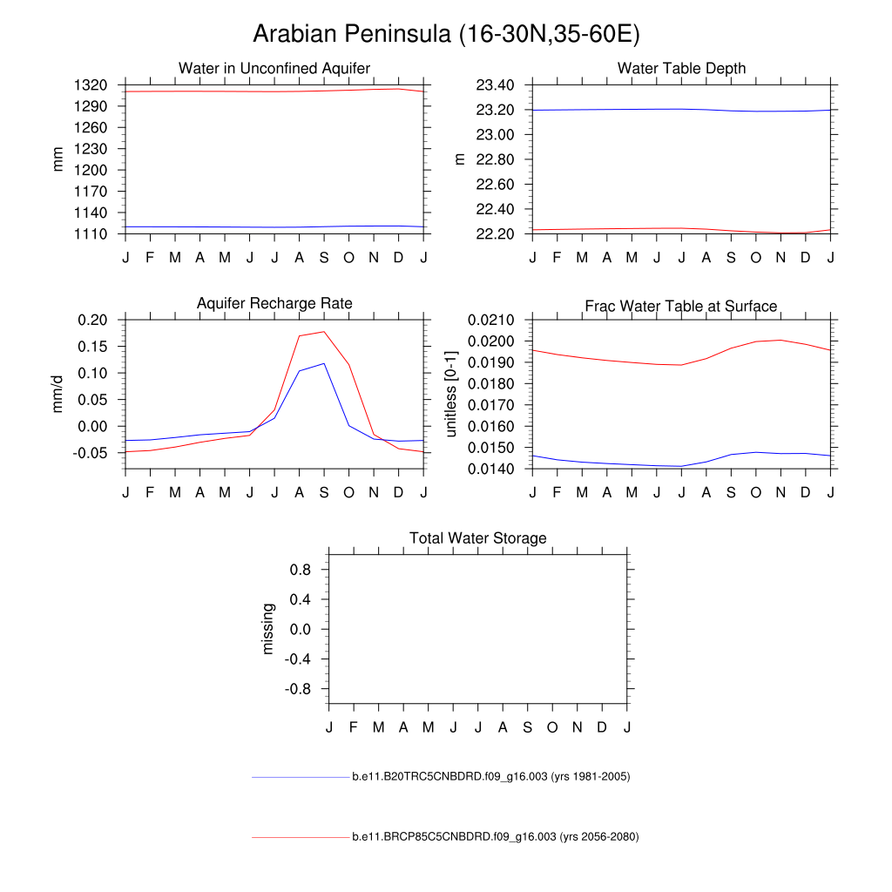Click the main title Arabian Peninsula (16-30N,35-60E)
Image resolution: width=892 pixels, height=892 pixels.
pyautogui.click(x=445, y=34)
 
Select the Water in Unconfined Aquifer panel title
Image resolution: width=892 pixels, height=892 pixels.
pyautogui.click(x=274, y=68)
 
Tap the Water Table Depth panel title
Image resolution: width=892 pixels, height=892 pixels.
pyautogui.click(x=681, y=68)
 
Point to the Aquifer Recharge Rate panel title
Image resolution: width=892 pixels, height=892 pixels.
pyautogui.click(x=274, y=303)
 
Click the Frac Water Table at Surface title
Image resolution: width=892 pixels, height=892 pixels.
pyautogui.click(x=681, y=306)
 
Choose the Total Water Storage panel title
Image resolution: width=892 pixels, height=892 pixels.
pyautogui.click(x=478, y=538)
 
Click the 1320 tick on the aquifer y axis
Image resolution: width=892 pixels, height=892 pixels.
pyautogui.click(x=91, y=85)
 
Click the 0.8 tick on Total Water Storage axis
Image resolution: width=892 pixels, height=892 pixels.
pyautogui.click(x=301, y=570)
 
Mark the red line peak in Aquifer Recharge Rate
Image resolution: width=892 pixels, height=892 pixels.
pyautogui.click(x=324, y=331)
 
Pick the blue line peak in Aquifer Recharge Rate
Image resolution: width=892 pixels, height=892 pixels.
pyautogui.click(x=324, y=363)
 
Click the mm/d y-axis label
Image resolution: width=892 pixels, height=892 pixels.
pyautogui.click(x=58, y=394)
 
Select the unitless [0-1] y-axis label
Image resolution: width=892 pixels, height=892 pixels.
pyautogui.click(x=450, y=394)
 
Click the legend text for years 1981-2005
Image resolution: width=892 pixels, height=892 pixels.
pyautogui.click(x=490, y=776)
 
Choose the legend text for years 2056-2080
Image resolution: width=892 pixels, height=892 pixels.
pyautogui.click(x=495, y=837)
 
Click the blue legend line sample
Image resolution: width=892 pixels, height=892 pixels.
pyautogui.click(x=300, y=776)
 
